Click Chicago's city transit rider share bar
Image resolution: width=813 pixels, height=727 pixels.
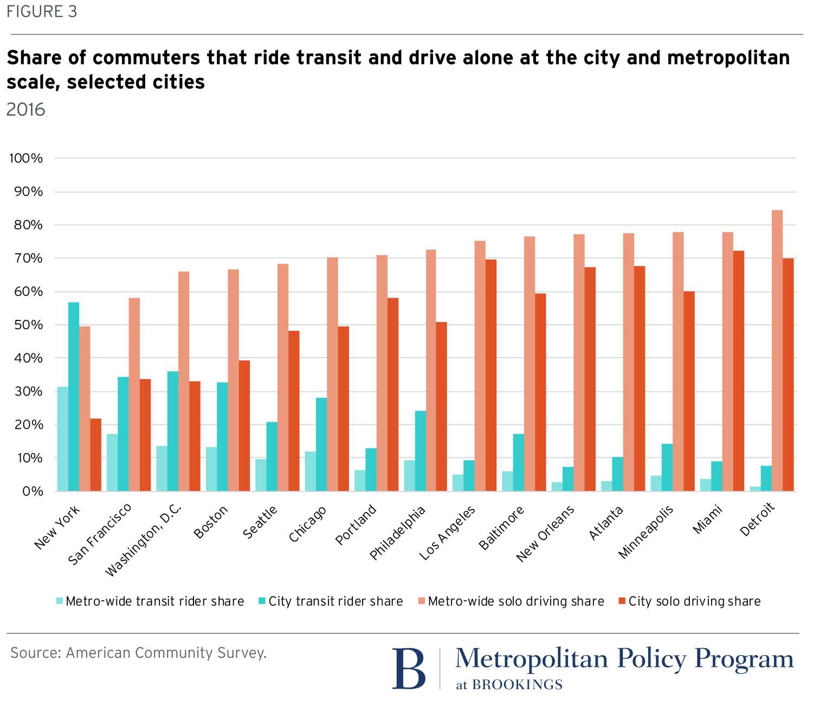pyautogui.click(x=321, y=444)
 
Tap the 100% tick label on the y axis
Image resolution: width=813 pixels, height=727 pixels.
pyautogui.click(x=25, y=159)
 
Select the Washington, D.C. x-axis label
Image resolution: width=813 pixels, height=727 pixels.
pyautogui.click(x=143, y=540)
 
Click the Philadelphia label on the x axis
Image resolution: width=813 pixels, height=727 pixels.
pyautogui.click(x=397, y=533)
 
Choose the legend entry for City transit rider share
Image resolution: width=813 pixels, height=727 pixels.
pyautogui.click(x=330, y=601)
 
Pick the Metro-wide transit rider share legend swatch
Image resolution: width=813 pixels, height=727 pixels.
pyautogui.click(x=60, y=601)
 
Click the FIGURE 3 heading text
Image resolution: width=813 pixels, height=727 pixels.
pyautogui.click(x=42, y=12)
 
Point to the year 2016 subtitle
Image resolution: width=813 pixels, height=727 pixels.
pyautogui.click(x=25, y=110)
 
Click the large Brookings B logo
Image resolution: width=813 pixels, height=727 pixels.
pyautogui.click(x=409, y=669)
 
